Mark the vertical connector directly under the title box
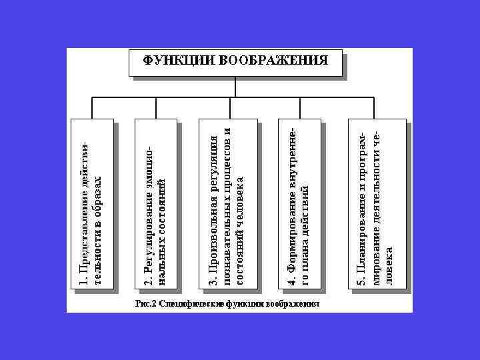tap(237, 87)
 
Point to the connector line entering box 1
tap(92, 108)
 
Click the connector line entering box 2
tap(156, 108)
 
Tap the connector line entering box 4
tap(299, 108)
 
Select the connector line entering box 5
tap(377, 108)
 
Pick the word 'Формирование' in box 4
tap(291, 237)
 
